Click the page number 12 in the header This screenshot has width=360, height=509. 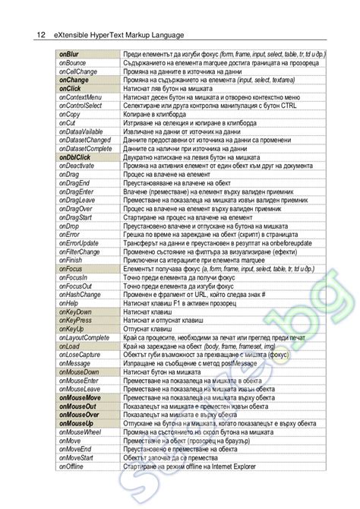coord(41,34)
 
